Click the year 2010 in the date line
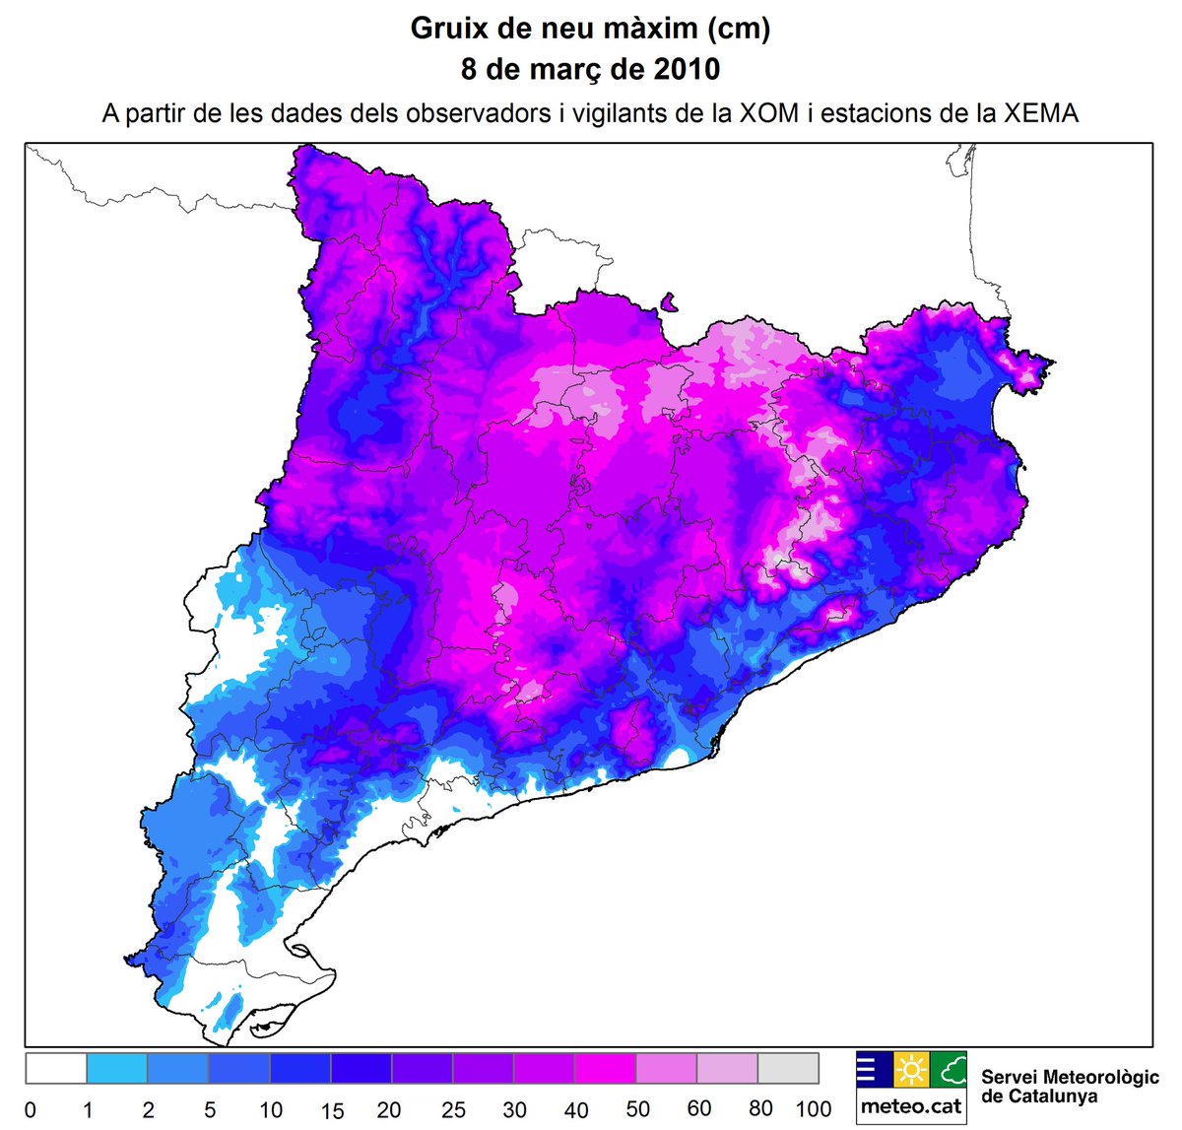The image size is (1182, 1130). pyautogui.click(x=687, y=70)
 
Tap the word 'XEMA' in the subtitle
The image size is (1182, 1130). pyautogui.click(x=1041, y=113)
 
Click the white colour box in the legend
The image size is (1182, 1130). pyautogui.click(x=56, y=1068)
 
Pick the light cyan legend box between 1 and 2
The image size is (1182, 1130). pyautogui.click(x=117, y=1068)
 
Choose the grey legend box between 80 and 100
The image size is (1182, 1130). pyautogui.click(x=788, y=1068)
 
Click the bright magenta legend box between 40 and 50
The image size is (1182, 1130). pyautogui.click(x=605, y=1068)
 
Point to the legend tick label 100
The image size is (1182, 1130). pyautogui.click(x=814, y=1109)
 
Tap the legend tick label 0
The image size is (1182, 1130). pyautogui.click(x=30, y=1110)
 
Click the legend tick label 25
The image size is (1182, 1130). pyautogui.click(x=453, y=1110)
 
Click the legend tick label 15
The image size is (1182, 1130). pyautogui.click(x=332, y=1110)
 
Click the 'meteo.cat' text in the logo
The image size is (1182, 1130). pyautogui.click(x=911, y=1105)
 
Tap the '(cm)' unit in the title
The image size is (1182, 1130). pyautogui.click(x=738, y=29)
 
